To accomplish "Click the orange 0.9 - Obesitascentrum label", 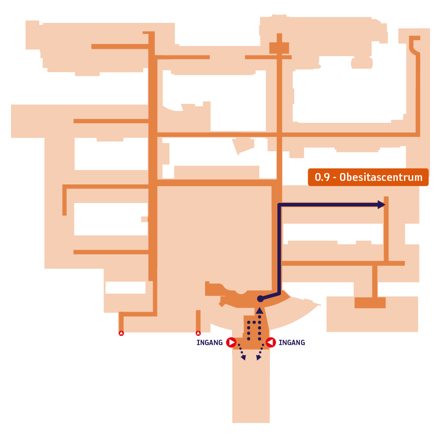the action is [x=368, y=177].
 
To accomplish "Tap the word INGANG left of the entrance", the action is [x=209, y=342].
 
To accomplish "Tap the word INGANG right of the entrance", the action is [x=292, y=342].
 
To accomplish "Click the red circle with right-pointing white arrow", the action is [x=231, y=342].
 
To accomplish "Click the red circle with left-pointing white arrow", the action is [x=271, y=342].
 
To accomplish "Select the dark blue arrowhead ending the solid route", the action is [x=381, y=205].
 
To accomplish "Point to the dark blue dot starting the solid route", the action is [x=261, y=299].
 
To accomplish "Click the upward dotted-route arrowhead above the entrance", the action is [x=260, y=310].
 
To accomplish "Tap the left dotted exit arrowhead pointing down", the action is [x=243, y=358].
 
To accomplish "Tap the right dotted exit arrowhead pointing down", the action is [x=258, y=358].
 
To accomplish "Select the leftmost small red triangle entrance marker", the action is [x=121, y=333].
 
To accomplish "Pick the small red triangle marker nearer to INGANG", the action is [x=198, y=333].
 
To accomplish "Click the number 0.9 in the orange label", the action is [x=322, y=177].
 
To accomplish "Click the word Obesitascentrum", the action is [x=381, y=177].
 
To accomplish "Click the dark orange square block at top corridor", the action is [x=279, y=48].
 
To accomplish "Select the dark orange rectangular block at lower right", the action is [x=370, y=303].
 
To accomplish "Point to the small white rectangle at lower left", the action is [x=125, y=287].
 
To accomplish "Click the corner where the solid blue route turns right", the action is [x=279, y=205].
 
